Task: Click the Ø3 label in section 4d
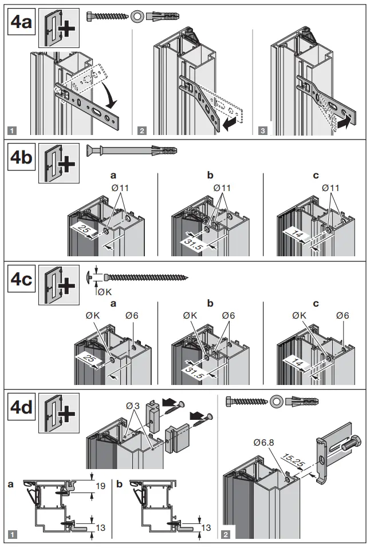tap(134, 406)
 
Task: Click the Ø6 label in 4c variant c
tap(343, 315)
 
